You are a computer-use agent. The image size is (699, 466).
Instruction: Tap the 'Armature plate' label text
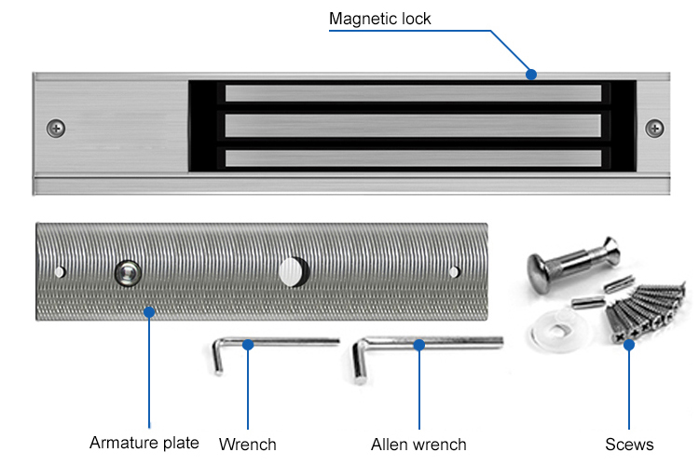click(x=144, y=442)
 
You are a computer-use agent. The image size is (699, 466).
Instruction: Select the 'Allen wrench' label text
click(x=418, y=444)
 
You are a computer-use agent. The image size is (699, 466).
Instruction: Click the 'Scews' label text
click(x=629, y=444)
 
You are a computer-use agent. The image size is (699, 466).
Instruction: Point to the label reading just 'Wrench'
click(x=247, y=444)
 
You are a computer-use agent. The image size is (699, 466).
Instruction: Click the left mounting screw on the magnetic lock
click(x=58, y=127)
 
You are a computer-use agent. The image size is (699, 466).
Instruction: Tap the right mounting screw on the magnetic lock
click(x=655, y=127)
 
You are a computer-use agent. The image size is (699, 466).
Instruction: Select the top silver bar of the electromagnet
click(x=413, y=93)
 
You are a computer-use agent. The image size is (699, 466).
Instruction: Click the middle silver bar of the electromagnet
click(x=413, y=125)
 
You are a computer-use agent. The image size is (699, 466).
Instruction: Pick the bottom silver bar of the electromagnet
click(x=413, y=157)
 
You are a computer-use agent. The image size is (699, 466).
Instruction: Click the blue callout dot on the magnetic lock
click(x=531, y=74)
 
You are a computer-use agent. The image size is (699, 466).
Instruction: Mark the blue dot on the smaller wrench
click(x=248, y=345)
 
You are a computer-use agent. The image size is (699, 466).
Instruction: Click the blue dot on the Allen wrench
click(x=418, y=345)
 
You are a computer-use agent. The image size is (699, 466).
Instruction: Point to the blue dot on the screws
click(x=629, y=345)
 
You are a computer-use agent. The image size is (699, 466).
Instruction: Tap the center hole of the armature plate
click(x=292, y=271)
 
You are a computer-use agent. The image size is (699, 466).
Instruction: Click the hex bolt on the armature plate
click(x=128, y=272)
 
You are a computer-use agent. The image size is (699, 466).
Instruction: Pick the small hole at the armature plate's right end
click(x=454, y=272)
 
